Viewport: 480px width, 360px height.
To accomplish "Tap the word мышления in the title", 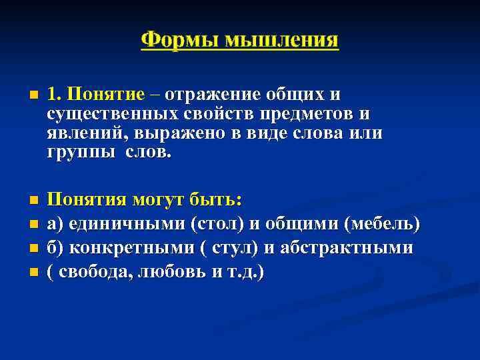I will pos(281,39).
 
